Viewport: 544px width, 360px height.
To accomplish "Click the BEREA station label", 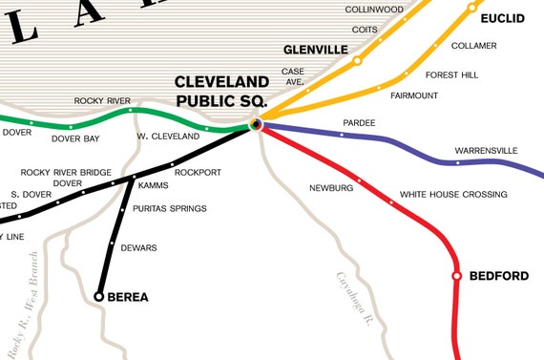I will click(x=128, y=297).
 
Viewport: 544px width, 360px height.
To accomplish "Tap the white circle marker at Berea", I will click(x=98, y=297).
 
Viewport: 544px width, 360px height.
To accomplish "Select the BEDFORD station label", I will click(x=498, y=276).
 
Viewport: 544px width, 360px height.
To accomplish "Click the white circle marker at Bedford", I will click(x=456, y=276).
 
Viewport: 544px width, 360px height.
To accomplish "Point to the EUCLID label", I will click(x=502, y=18).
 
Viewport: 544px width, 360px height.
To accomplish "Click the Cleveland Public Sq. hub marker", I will click(x=256, y=123).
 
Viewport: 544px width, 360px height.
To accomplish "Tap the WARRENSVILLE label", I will click(x=486, y=151).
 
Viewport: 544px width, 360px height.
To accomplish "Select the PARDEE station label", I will click(x=359, y=123).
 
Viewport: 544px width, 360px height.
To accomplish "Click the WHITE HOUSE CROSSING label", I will click(x=453, y=195).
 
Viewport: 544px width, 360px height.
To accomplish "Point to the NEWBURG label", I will click(x=331, y=188).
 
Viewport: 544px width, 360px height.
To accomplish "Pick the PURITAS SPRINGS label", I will click(x=170, y=208).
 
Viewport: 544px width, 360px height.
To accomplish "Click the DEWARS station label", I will click(x=139, y=248).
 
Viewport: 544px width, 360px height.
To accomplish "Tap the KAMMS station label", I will click(x=153, y=186).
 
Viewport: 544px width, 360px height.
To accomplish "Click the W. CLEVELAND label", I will click(x=167, y=136).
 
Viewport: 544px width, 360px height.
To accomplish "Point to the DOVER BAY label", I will click(x=75, y=139).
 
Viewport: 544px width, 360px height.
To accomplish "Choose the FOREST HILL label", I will click(x=451, y=73).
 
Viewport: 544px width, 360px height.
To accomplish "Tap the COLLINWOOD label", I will click(x=375, y=9).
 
